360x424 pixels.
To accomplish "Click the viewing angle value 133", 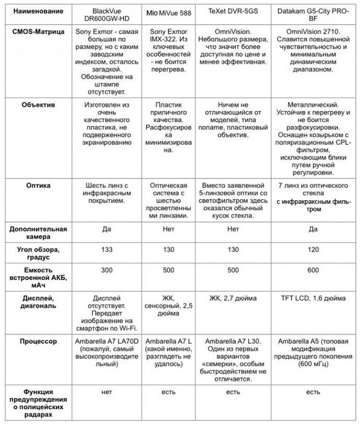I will click(106, 250).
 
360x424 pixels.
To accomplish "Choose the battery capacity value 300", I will click(106, 271).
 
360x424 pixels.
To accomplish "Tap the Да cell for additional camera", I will click(106, 229).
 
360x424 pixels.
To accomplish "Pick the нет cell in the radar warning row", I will click(106, 391).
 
